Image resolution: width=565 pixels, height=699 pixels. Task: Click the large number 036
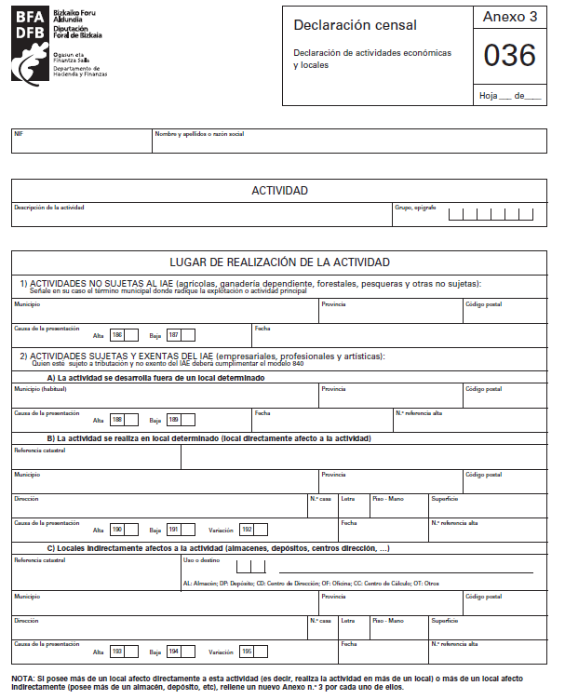[x=509, y=57]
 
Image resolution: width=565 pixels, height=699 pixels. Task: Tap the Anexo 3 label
[x=509, y=18]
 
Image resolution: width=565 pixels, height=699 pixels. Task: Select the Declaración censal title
[x=355, y=25]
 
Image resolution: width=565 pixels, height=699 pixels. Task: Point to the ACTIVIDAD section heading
[x=279, y=191]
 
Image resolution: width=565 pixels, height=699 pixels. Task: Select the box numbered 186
[x=124, y=335]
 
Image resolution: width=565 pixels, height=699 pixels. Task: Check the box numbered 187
[x=181, y=335]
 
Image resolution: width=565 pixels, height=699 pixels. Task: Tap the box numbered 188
[x=124, y=420]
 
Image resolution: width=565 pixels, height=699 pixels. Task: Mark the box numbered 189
[x=181, y=420]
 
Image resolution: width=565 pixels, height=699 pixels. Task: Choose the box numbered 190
[x=124, y=530]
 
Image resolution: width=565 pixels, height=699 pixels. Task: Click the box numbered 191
[x=181, y=530]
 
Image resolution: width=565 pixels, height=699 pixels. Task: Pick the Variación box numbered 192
[x=253, y=530]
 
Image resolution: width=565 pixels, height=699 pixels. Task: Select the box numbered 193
[x=124, y=652]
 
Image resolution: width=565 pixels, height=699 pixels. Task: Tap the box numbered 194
[x=181, y=652]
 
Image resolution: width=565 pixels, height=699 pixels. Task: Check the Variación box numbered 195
[x=253, y=652]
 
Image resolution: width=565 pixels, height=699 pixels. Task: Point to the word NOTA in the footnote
[x=24, y=679]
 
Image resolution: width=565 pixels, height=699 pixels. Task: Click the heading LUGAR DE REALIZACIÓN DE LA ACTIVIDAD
[x=279, y=262]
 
